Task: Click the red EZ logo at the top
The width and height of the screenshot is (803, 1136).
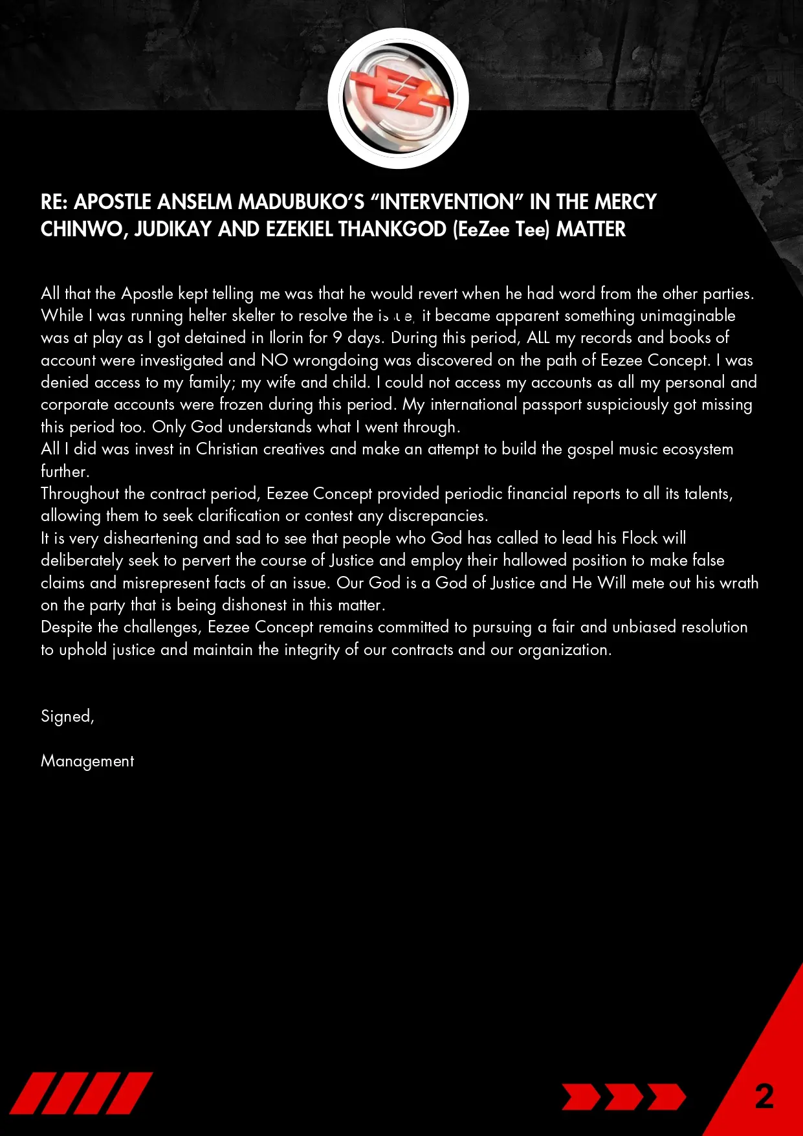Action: pyautogui.click(x=397, y=98)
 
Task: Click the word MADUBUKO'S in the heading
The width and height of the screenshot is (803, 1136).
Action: pyautogui.click(x=302, y=202)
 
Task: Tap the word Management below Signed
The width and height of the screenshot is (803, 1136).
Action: pyautogui.click(x=87, y=761)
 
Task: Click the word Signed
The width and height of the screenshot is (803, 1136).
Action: pyautogui.click(x=67, y=717)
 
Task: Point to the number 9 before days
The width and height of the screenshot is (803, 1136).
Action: pyautogui.click(x=337, y=338)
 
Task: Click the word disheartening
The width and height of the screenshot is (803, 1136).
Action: pyautogui.click(x=151, y=539)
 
